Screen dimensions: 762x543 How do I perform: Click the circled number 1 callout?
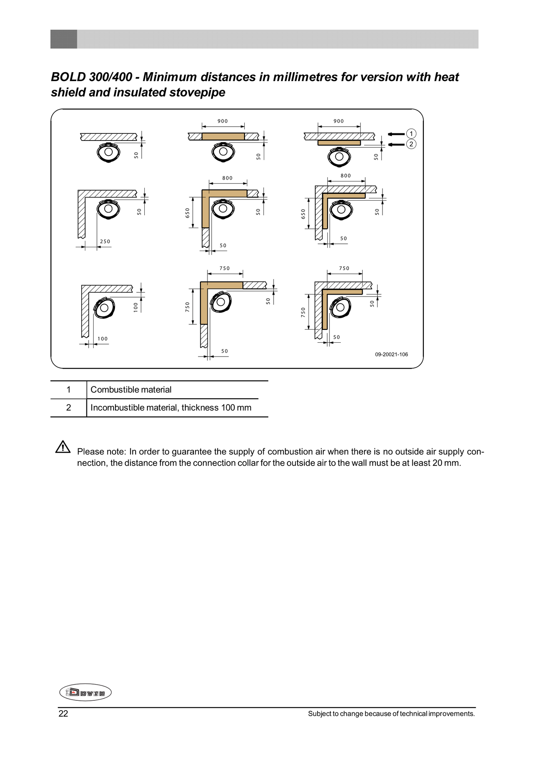pyautogui.click(x=411, y=134)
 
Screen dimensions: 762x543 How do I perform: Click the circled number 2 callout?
pyautogui.click(x=411, y=144)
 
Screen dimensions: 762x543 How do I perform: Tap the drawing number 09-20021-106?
pyautogui.click(x=391, y=354)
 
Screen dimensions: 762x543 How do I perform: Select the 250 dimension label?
pyautogui.click(x=105, y=241)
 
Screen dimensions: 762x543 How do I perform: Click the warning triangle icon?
pyautogui.click(x=63, y=447)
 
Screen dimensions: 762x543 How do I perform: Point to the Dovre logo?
pyautogui.click(x=85, y=692)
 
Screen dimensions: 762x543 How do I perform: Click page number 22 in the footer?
pyautogui.click(x=63, y=714)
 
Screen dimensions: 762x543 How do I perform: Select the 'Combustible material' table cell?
pyautogui.click(x=131, y=390)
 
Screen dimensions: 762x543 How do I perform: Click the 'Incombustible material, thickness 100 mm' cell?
pyautogui.click(x=171, y=408)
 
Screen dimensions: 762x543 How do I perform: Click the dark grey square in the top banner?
pyautogui.click(x=64, y=39)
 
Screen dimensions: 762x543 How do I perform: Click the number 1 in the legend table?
pyautogui.click(x=68, y=390)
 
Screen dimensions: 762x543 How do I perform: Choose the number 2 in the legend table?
pyautogui.click(x=68, y=408)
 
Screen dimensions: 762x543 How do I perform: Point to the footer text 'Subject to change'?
pyautogui.click(x=331, y=714)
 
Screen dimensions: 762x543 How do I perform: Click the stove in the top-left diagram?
pyautogui.click(x=109, y=152)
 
